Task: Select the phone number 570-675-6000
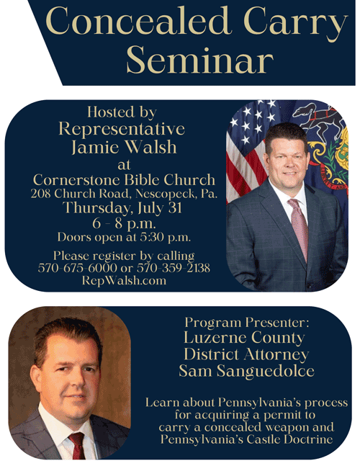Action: point(78,268)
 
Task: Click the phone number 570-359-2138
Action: point(174,268)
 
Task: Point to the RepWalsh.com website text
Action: point(124,280)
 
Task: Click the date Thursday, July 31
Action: point(122,207)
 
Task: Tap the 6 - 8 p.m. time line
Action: point(124,223)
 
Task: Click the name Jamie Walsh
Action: point(124,147)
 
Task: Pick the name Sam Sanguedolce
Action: point(246,371)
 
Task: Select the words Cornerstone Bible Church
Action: point(124,179)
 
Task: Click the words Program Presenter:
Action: point(247,322)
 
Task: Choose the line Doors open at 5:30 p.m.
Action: point(124,237)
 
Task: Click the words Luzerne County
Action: point(244,337)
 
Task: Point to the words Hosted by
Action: point(122,112)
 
